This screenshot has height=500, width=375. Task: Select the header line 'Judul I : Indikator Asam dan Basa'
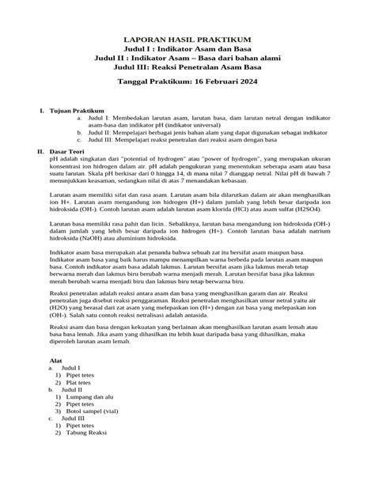click(x=187, y=48)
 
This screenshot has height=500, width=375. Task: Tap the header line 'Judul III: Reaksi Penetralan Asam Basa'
click(x=187, y=67)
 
